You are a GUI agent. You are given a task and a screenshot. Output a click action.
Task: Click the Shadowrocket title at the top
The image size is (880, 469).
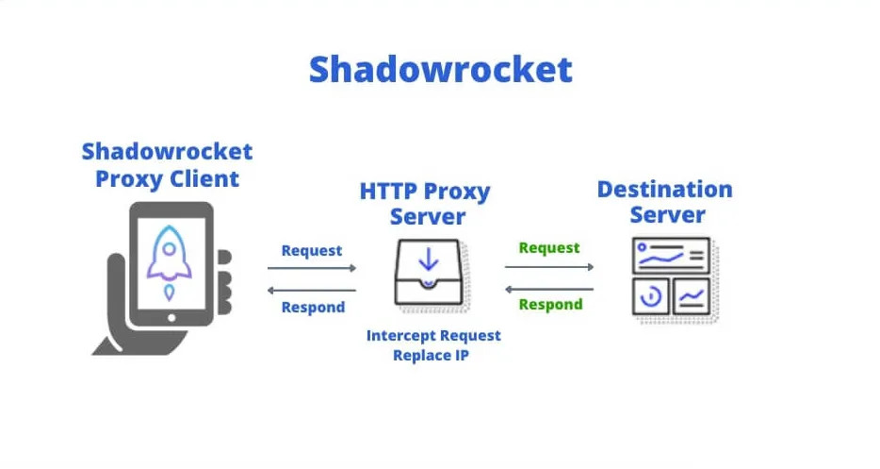coord(440,69)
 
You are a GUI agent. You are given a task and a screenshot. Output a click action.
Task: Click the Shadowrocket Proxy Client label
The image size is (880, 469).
coord(167,165)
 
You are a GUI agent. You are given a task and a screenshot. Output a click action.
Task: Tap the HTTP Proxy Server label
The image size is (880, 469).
coord(425,204)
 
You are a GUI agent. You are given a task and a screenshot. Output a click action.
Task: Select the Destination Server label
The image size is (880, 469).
coord(664,201)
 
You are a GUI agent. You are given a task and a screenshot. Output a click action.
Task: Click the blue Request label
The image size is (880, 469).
coord(312,250)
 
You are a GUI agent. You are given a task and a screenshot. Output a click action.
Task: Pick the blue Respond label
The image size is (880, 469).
coord(313,307)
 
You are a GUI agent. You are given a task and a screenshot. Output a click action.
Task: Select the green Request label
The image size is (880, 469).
coord(549,247)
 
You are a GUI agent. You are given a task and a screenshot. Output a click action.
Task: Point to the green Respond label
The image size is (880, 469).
coord(550,304)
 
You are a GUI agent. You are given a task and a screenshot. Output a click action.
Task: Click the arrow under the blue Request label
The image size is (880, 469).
coord(313,268)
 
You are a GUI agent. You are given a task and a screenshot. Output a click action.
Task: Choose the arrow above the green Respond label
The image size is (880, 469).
coord(549,288)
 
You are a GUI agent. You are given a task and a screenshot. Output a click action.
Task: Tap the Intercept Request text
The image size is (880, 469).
coord(433,335)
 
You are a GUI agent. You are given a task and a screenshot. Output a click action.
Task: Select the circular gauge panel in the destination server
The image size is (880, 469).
coord(651,297)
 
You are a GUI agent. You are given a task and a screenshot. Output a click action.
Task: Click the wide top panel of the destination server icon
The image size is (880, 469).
coord(670,255)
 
